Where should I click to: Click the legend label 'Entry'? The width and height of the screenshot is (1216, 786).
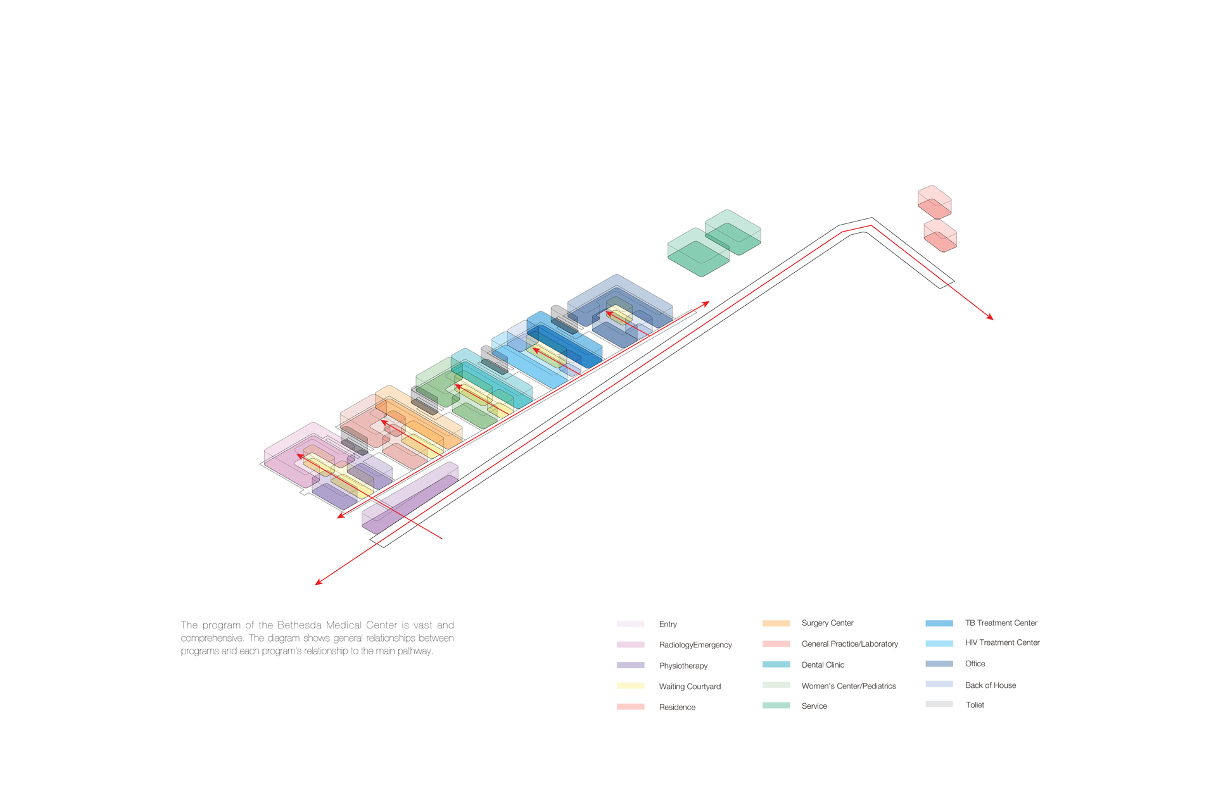(x=668, y=624)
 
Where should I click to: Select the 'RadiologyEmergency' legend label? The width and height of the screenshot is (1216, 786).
(x=695, y=645)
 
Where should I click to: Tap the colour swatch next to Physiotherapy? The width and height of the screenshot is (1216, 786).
(x=630, y=665)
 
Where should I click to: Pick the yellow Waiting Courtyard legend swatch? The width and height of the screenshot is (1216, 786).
(x=630, y=686)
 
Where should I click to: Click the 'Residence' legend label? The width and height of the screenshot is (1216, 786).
(x=676, y=707)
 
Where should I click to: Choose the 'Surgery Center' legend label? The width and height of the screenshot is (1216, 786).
(x=827, y=623)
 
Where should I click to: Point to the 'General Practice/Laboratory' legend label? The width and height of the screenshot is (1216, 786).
(x=849, y=644)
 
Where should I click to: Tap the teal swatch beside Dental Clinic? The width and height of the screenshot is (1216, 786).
(x=776, y=664)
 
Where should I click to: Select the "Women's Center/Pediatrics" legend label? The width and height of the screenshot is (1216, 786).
(x=848, y=686)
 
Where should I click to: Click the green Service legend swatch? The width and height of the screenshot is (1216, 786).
(x=776, y=705)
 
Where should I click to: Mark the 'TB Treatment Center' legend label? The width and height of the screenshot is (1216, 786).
(x=1001, y=623)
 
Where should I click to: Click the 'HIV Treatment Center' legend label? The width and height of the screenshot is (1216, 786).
(x=1002, y=642)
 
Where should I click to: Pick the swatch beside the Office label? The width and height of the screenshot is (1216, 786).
(x=939, y=664)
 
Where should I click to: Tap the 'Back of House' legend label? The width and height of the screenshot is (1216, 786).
(x=990, y=685)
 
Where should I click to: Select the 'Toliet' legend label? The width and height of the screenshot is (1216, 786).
(x=975, y=705)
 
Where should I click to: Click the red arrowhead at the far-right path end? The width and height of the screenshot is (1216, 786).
(x=990, y=318)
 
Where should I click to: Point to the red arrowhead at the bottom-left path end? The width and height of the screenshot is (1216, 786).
(x=319, y=582)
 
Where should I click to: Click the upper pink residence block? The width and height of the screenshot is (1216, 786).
(x=935, y=202)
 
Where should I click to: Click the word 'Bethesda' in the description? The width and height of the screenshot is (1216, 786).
(x=300, y=625)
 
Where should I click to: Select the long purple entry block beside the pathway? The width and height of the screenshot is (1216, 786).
(x=410, y=497)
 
